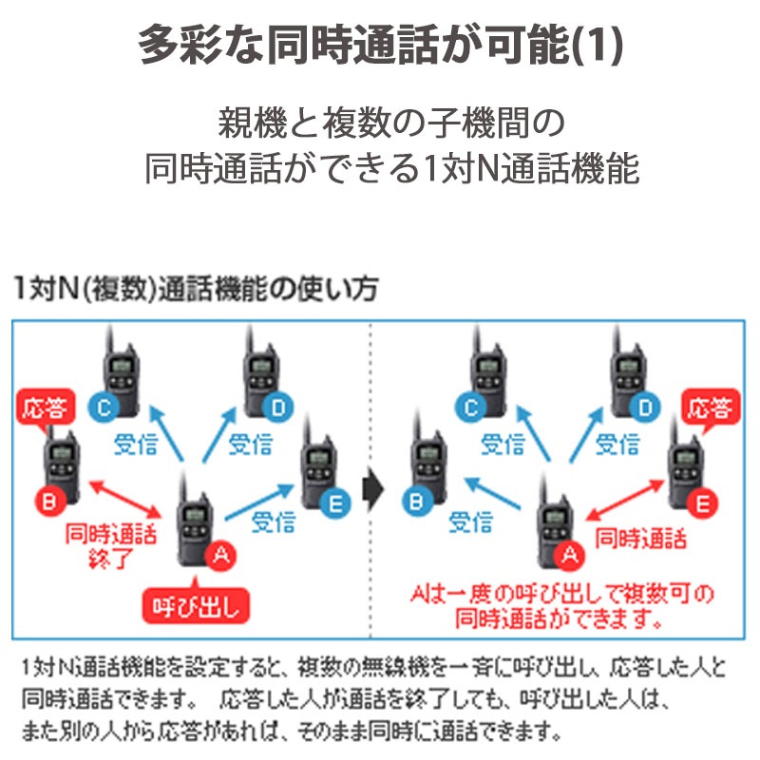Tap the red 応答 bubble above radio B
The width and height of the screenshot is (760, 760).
point(45,408)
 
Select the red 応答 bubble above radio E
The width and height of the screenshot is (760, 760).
point(711,409)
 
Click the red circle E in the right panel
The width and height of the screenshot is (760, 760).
point(703,505)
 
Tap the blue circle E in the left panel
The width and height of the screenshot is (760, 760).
point(332,505)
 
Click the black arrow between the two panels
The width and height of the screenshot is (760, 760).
point(373,491)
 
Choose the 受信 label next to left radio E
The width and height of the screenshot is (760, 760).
point(272,521)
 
